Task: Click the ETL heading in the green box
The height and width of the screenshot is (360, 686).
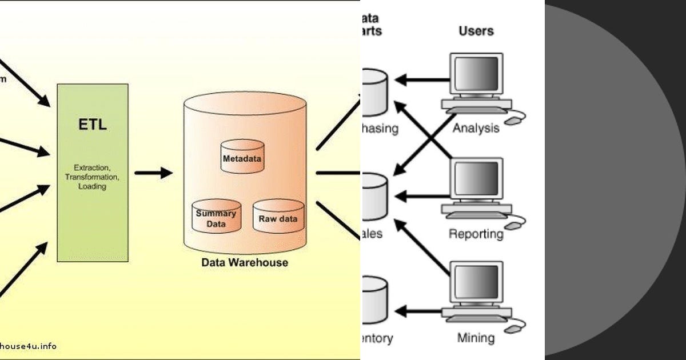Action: pyautogui.click(x=92, y=125)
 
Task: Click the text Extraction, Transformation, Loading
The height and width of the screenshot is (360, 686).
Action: pyautogui.click(x=92, y=177)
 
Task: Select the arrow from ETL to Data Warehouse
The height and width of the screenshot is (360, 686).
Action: pyautogui.click(x=153, y=173)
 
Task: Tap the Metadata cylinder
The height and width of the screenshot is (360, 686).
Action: pyautogui.click(x=242, y=155)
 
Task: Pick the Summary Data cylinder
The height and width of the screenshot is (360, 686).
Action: pyautogui.click(x=216, y=217)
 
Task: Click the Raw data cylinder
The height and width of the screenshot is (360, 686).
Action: pyautogui.click(x=278, y=217)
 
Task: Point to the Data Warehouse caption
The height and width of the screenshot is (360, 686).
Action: pyautogui.click(x=245, y=263)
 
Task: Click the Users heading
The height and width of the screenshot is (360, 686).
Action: pyautogui.click(x=476, y=30)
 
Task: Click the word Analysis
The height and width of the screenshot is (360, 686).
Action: pyautogui.click(x=476, y=128)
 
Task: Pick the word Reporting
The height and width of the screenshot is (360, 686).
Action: pyautogui.click(x=476, y=234)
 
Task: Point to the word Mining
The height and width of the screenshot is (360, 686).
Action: pyautogui.click(x=476, y=338)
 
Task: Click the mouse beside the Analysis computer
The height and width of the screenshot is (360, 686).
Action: pyautogui.click(x=516, y=119)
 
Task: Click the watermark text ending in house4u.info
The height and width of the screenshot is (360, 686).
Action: pyautogui.click(x=28, y=346)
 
